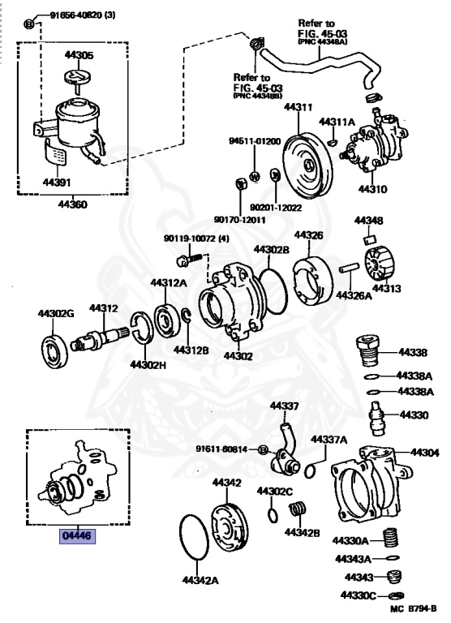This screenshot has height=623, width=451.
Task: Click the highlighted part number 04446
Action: pyautogui.click(x=78, y=536)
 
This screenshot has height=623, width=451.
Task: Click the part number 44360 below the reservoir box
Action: pyautogui.click(x=73, y=204)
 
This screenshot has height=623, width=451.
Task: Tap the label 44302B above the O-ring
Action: pyautogui.click(x=272, y=250)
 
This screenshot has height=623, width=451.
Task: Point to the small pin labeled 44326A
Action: pyautogui.click(x=350, y=268)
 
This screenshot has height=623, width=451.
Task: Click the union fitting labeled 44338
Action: pyautogui.click(x=367, y=352)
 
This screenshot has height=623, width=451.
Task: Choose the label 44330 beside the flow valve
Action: pyautogui.click(x=414, y=415)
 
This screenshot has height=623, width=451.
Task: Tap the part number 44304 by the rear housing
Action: pyautogui.click(x=425, y=452)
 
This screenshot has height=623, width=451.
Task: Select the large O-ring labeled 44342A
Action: pyautogui.click(x=195, y=537)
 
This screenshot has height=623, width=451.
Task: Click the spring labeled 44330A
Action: pyautogui.click(x=391, y=539)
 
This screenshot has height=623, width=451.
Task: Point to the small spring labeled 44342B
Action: pyautogui.click(x=298, y=509)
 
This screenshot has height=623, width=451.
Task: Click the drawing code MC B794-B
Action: pyautogui.click(x=413, y=608)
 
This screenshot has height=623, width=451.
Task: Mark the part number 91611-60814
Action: pyautogui.click(x=221, y=449)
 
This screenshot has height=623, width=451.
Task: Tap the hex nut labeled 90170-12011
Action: pyautogui.click(x=240, y=184)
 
